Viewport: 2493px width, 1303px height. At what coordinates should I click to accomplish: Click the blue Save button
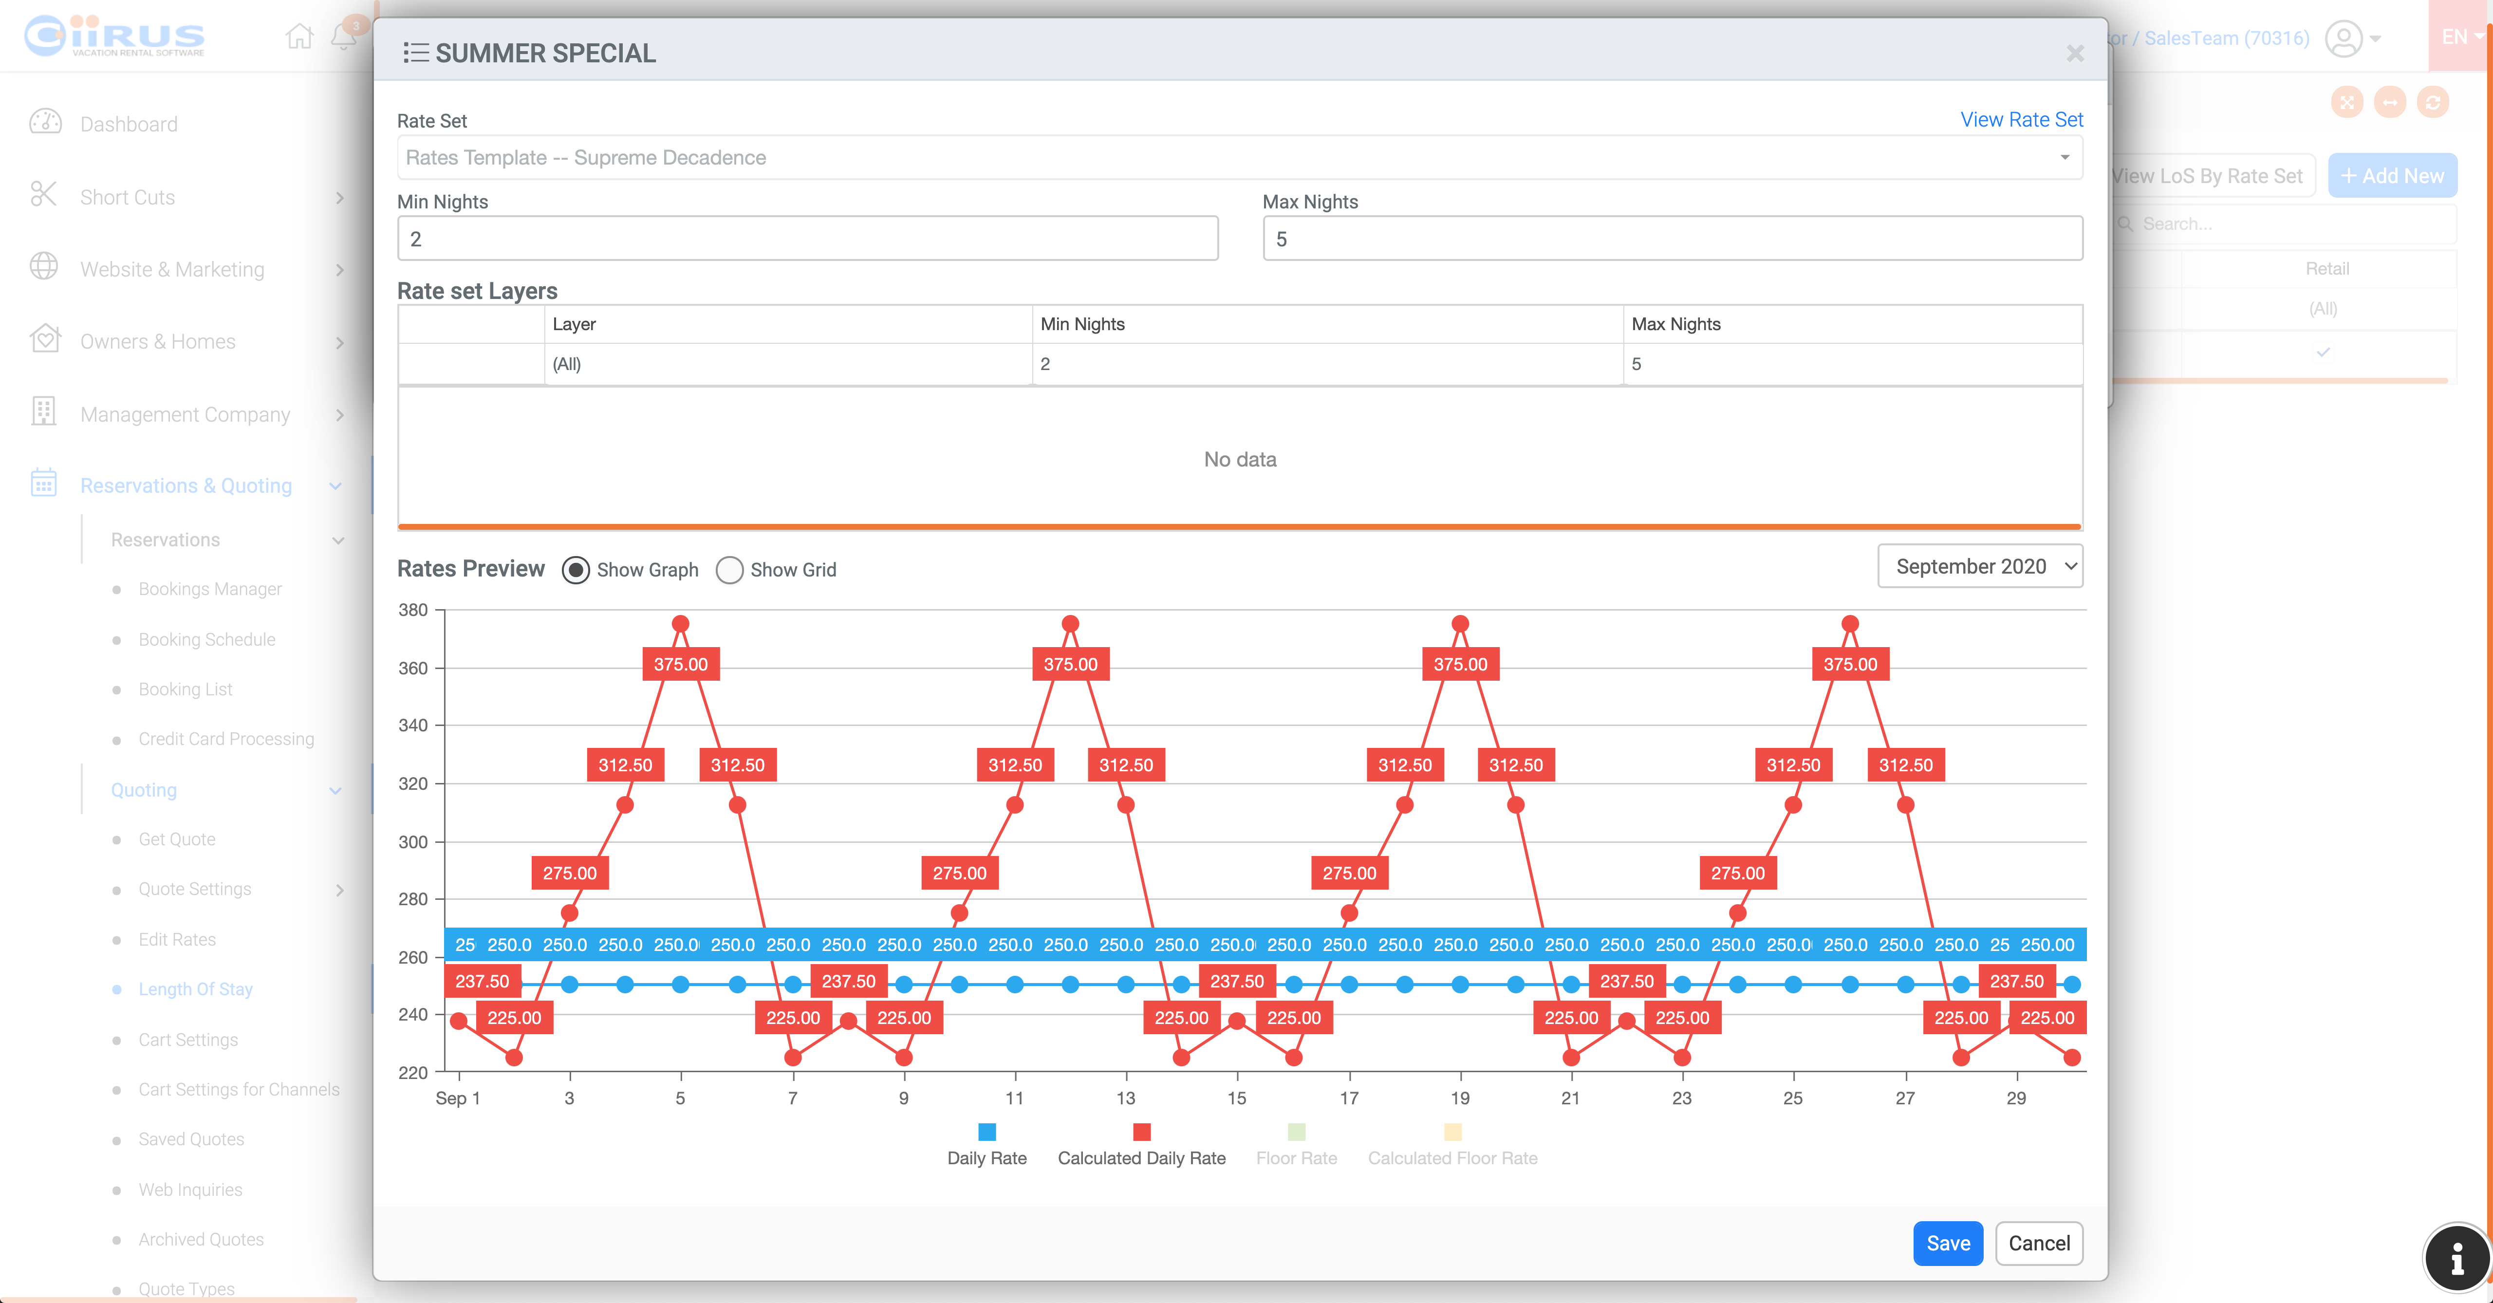(x=1947, y=1243)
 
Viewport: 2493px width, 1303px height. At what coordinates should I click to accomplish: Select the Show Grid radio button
(x=730, y=570)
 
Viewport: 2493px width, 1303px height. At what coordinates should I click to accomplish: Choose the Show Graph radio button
(x=576, y=570)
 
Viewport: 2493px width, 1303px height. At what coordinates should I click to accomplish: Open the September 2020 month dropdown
(x=1979, y=566)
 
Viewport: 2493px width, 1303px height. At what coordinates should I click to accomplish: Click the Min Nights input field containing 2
(x=807, y=239)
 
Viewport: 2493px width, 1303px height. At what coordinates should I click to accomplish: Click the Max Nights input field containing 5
(x=1672, y=239)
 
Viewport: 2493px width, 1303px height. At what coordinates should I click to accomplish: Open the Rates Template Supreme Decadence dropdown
(x=1239, y=158)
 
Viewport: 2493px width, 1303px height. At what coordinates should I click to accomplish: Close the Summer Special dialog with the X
(x=2074, y=53)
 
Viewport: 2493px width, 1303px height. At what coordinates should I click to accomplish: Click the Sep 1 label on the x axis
(x=458, y=1098)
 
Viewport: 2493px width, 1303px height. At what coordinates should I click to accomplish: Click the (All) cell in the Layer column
(x=567, y=364)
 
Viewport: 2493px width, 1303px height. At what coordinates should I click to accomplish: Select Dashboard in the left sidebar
(x=129, y=124)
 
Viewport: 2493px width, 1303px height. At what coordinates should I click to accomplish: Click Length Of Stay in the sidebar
(x=195, y=988)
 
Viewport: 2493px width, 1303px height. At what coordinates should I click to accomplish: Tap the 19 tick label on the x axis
(x=1459, y=1098)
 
